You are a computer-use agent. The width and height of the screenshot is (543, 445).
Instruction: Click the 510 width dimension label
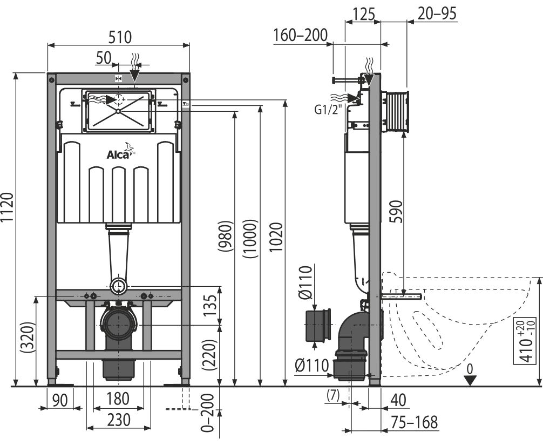120,37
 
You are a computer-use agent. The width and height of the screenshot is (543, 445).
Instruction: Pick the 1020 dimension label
276,238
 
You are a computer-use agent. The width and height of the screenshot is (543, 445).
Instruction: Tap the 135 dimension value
209,305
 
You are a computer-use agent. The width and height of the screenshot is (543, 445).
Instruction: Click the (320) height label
28,338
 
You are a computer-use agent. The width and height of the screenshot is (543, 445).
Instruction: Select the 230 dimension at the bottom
118,420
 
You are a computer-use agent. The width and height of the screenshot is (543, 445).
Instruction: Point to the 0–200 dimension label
208,412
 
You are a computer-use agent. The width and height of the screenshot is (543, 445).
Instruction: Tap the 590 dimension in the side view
396,211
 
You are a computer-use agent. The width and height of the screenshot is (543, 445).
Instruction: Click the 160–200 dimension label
300,35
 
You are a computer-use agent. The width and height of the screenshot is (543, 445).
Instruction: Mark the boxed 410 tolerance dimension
527,341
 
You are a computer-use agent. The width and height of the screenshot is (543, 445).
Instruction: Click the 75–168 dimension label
414,422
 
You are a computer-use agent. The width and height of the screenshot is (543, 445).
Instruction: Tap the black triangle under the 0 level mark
470,381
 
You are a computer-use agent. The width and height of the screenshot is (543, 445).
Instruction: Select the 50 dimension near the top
104,58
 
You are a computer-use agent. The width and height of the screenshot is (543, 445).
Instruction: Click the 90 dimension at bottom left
60,400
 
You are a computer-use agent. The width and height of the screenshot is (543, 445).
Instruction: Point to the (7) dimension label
333,395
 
